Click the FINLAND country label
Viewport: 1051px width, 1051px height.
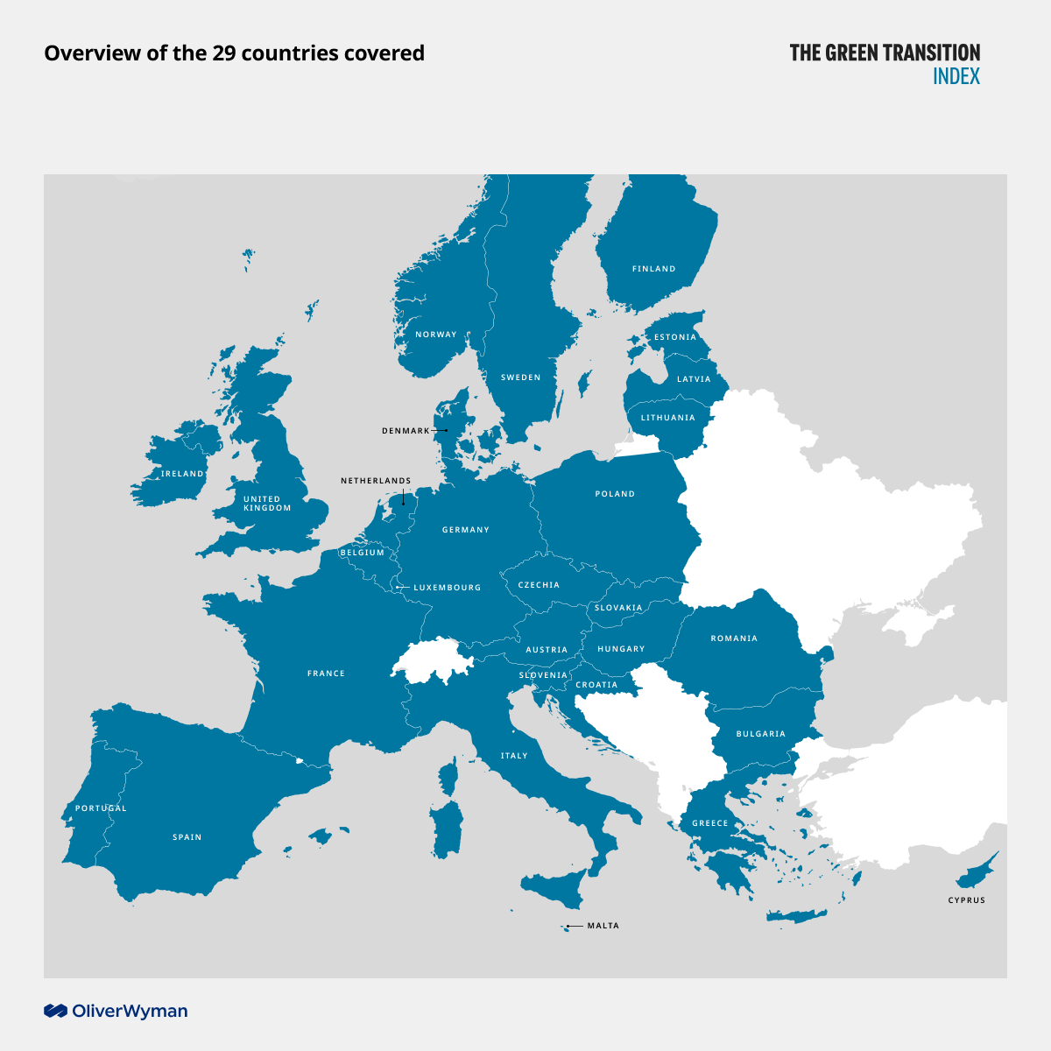(653, 269)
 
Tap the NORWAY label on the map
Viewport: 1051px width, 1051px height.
(436, 335)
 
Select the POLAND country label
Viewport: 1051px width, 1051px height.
(615, 494)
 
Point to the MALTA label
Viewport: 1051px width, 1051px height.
(603, 926)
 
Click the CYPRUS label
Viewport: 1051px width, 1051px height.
(966, 900)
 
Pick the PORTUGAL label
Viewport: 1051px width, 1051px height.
(101, 808)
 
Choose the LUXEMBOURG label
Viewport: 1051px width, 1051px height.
(447, 588)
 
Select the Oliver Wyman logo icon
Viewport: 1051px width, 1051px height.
(56, 1012)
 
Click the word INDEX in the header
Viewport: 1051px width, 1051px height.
(956, 76)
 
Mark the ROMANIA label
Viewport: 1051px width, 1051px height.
(734, 638)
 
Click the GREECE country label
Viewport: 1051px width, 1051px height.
(709, 823)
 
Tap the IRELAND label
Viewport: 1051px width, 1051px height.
(182, 474)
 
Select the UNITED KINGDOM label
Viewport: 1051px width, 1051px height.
(267, 504)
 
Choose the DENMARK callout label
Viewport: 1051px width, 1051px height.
(406, 431)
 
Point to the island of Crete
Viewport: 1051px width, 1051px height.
(797, 916)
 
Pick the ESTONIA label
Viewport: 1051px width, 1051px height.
(675, 337)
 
